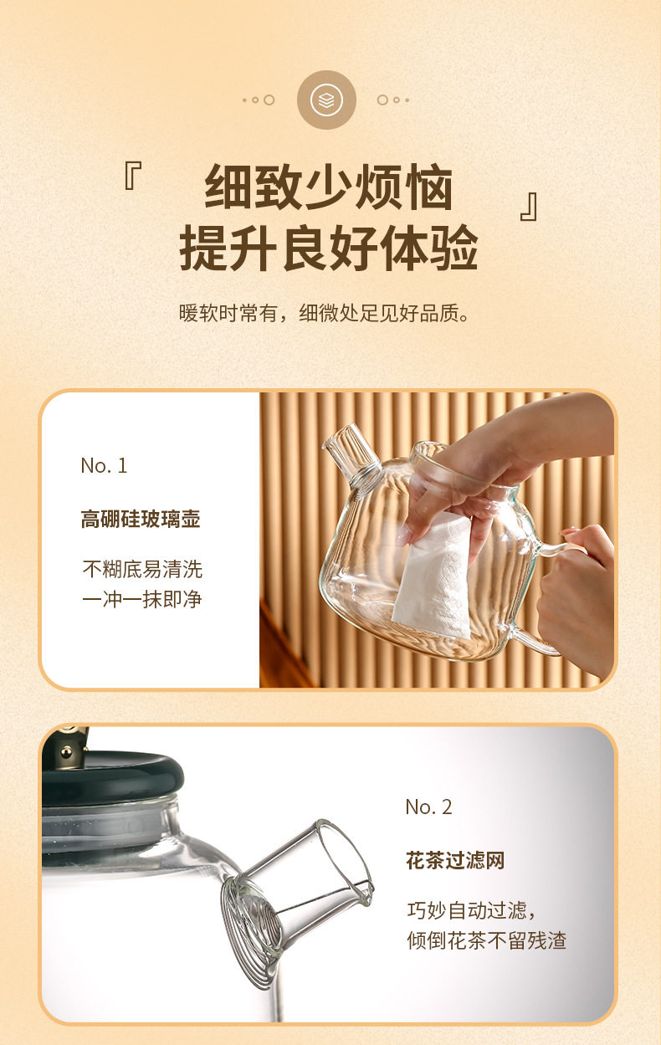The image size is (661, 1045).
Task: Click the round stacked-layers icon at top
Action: pos(326,100)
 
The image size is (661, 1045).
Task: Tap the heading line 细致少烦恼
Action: pos(329,187)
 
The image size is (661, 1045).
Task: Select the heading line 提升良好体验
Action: pos(329,247)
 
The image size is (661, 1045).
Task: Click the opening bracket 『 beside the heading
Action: pos(133,176)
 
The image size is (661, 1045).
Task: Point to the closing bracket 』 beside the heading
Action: pos(529,207)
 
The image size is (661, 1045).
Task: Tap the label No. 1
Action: pos(104,465)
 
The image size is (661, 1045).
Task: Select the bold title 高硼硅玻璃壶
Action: pos(141,519)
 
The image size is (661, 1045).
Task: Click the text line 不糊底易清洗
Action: pos(142,569)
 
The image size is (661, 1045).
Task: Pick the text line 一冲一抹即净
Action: pos(142,600)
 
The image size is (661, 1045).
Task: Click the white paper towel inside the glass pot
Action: pos(433,576)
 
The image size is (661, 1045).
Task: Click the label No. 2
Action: pos(428,807)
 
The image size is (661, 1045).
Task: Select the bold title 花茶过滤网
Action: pos(455,860)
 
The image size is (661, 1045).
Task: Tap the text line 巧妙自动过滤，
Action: pos(471,910)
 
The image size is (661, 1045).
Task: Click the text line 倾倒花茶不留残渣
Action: pos(487,940)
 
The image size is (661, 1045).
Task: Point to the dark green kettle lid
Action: pos(112,776)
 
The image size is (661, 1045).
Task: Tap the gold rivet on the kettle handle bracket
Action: pos(67,751)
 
